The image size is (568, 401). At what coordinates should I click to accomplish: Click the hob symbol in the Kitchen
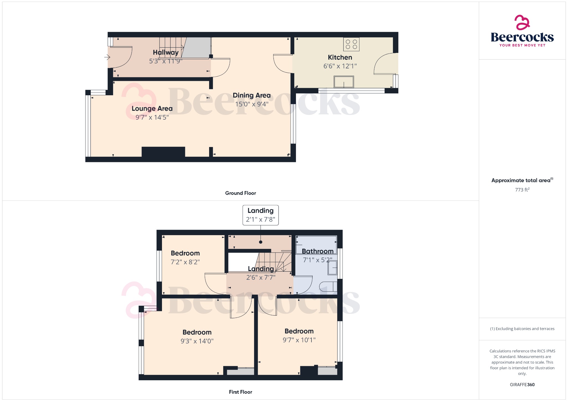pyautogui.click(x=351, y=44)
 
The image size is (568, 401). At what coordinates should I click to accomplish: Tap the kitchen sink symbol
pyautogui.click(x=344, y=82)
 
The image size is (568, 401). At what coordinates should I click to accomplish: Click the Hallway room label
pyautogui.click(x=166, y=52)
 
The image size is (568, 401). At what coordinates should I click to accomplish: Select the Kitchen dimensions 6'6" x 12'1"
pyautogui.click(x=340, y=66)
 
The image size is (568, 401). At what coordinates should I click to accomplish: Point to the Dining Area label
pyautogui.click(x=252, y=96)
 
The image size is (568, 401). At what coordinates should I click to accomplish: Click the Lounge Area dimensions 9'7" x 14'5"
pyautogui.click(x=152, y=117)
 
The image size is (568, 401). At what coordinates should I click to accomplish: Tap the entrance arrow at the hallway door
pyautogui.click(x=107, y=57)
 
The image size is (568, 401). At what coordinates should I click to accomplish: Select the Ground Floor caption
pyautogui.click(x=240, y=193)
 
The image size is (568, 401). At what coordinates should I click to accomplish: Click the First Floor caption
pyautogui.click(x=240, y=392)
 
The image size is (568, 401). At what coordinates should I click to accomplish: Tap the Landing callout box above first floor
pyautogui.click(x=260, y=215)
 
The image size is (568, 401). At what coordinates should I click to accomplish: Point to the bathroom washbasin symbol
pyautogui.click(x=332, y=268)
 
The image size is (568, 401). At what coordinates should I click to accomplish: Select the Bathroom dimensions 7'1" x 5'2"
pyautogui.click(x=318, y=260)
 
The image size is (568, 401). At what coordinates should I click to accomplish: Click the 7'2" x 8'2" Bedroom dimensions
pyautogui.click(x=185, y=262)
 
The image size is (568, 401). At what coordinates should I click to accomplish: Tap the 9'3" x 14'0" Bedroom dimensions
pyautogui.click(x=197, y=341)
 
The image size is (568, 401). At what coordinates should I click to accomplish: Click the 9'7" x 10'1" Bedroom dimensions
pyautogui.click(x=299, y=340)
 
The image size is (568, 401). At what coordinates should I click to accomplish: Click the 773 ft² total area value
pyautogui.click(x=522, y=190)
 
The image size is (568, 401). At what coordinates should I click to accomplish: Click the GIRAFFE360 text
pyautogui.click(x=522, y=385)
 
